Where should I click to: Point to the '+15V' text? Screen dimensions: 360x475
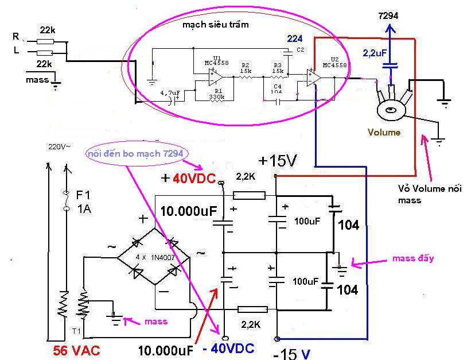278,161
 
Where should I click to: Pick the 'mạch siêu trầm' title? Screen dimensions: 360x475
216,25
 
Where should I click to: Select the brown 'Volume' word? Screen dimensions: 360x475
384,132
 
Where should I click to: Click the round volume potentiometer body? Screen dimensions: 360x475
391,109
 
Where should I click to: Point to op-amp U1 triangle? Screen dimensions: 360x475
216,75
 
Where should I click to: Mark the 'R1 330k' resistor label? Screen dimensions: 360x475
216,94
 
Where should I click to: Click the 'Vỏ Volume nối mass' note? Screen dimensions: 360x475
429,194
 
